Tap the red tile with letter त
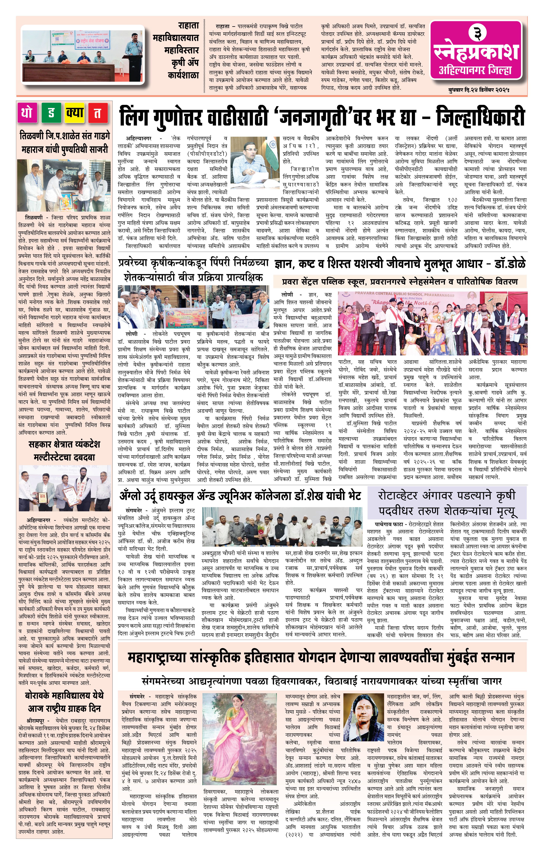[98, 113]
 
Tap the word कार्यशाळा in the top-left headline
[183, 75]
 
